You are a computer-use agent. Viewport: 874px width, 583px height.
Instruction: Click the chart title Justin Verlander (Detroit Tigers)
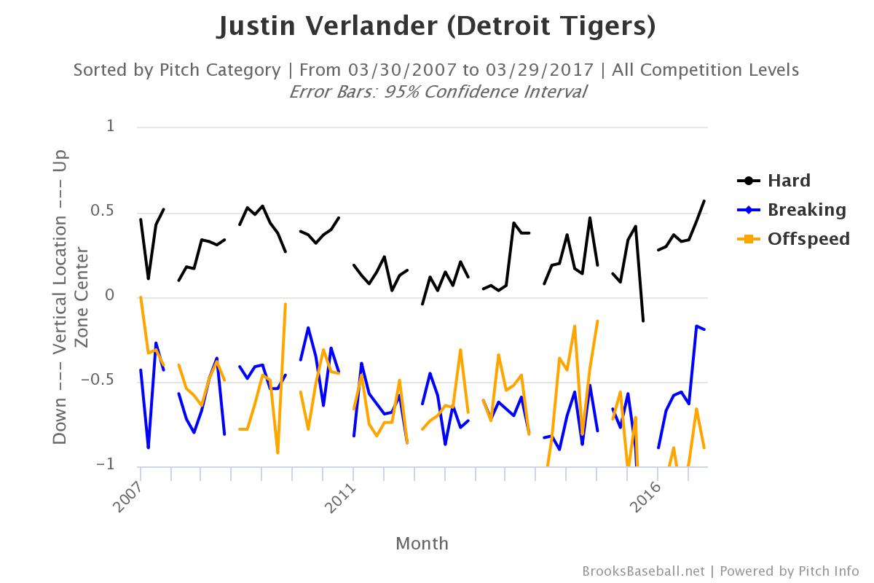point(436,27)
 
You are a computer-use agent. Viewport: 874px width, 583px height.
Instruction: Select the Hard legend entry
point(789,181)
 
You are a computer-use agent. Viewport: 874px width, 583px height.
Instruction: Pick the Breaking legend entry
point(806,210)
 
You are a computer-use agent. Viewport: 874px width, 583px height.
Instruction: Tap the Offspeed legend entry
point(808,239)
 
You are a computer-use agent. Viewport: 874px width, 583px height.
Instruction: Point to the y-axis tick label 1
point(111,126)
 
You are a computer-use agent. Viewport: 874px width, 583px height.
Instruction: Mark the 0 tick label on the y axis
point(111,296)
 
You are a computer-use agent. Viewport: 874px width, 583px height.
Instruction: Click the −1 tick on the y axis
point(106,465)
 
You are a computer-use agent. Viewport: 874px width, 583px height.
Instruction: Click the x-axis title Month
point(422,543)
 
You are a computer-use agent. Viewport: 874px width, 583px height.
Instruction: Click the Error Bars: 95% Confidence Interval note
point(437,92)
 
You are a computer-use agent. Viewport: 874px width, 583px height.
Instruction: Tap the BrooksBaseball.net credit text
point(643,571)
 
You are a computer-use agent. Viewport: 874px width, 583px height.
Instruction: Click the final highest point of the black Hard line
point(704,200)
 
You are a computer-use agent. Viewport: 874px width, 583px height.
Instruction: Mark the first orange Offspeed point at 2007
point(141,297)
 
